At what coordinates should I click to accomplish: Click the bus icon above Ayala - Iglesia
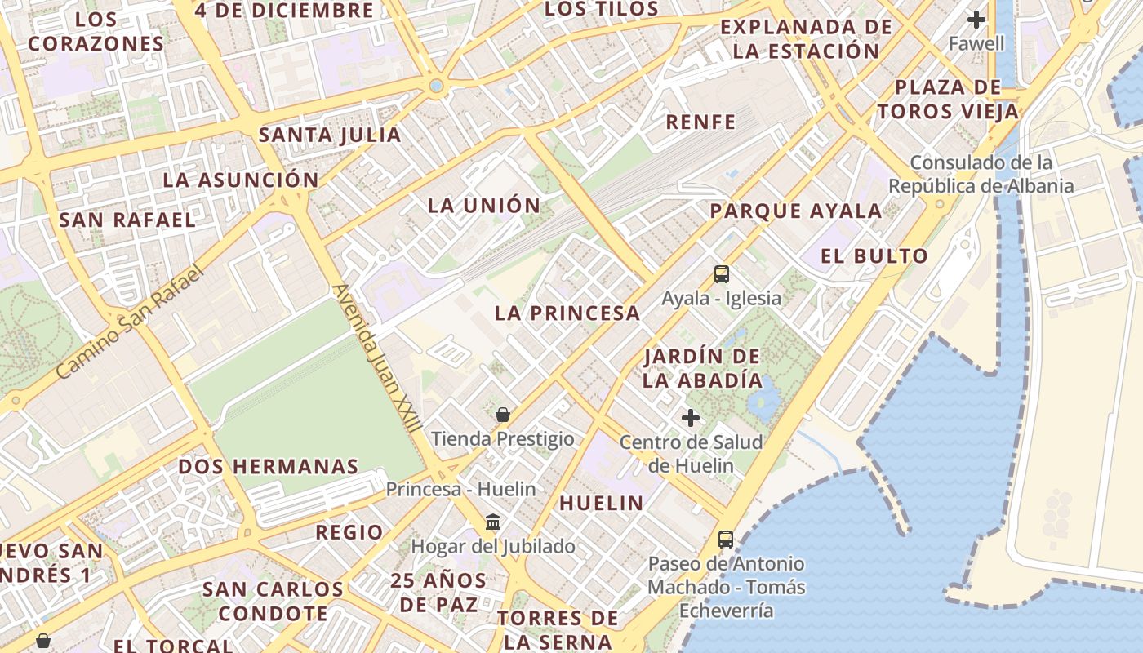[721, 274]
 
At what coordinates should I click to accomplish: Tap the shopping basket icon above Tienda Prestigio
[503, 415]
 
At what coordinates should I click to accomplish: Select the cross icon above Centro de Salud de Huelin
[691, 418]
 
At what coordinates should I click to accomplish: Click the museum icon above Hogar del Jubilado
[493, 522]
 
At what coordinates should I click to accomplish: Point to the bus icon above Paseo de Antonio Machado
[725, 539]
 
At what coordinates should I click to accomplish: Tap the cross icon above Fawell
[976, 20]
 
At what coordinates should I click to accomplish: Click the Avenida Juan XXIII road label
[377, 358]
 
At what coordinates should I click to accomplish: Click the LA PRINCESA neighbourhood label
[567, 313]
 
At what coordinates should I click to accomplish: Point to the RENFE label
[701, 122]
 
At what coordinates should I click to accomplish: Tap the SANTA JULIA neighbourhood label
[330, 135]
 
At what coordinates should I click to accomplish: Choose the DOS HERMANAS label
[269, 467]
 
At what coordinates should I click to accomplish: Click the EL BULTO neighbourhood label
[874, 255]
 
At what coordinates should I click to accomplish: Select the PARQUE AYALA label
[796, 211]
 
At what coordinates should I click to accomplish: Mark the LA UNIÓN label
[484, 205]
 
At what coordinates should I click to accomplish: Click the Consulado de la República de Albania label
[981, 174]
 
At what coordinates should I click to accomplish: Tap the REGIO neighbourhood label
[349, 532]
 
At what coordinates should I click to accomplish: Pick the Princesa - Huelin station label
[460, 489]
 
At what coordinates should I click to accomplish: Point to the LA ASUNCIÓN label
[241, 180]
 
